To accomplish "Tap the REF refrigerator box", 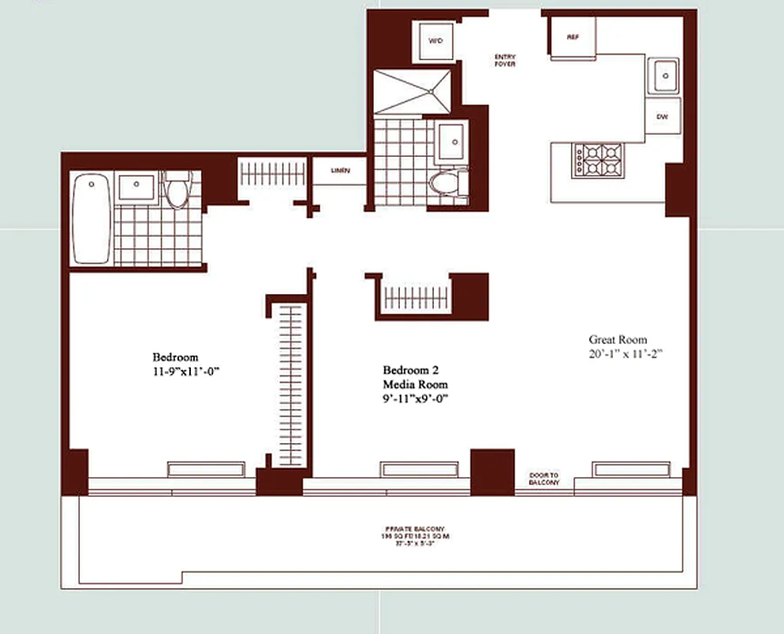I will pyautogui.click(x=573, y=37).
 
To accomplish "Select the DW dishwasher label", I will pyautogui.click(x=662, y=116).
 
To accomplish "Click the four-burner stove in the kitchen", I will pyautogui.click(x=598, y=159).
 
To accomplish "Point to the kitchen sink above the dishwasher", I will pyautogui.click(x=663, y=76).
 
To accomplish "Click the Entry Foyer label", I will pyautogui.click(x=504, y=60).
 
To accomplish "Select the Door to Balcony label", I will pyautogui.click(x=544, y=479).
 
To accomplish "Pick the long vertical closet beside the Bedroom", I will pyautogui.click(x=291, y=384).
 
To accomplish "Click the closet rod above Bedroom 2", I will pyautogui.click(x=416, y=298).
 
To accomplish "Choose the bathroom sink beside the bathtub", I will pyautogui.click(x=136, y=189).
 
